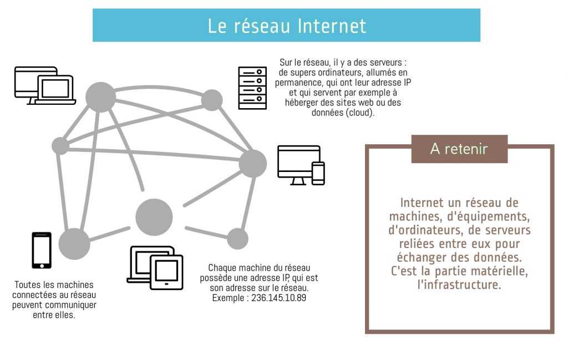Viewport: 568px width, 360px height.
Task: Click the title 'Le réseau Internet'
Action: [x=287, y=26]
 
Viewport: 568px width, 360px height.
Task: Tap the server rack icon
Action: [x=252, y=88]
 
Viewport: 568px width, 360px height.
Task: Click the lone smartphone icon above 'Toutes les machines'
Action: [x=42, y=250]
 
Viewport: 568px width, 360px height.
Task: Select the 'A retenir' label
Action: [x=459, y=149]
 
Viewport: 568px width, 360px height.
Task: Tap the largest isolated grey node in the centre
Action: [x=154, y=217]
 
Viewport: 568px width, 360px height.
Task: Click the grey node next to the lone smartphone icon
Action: [x=74, y=243]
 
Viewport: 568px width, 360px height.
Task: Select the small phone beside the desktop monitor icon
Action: [x=318, y=174]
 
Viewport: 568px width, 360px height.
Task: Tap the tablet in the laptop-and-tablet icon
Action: [x=166, y=272]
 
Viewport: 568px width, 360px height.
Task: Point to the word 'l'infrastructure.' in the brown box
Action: [x=459, y=285]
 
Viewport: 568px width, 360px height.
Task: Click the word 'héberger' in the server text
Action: [x=301, y=103]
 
